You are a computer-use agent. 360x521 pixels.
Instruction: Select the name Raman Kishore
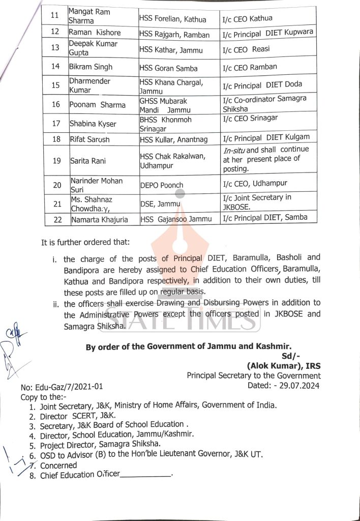pos(95,33)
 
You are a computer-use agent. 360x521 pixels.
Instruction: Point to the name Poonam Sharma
pos(98,105)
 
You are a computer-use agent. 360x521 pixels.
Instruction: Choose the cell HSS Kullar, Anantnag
pos(173,139)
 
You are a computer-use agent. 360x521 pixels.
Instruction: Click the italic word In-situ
pos(234,150)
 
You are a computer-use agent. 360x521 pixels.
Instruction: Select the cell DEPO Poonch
pos(162,185)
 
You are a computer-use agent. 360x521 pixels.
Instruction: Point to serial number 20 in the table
pos(56,185)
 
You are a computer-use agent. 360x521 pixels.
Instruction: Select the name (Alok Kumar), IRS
pos(283,366)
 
